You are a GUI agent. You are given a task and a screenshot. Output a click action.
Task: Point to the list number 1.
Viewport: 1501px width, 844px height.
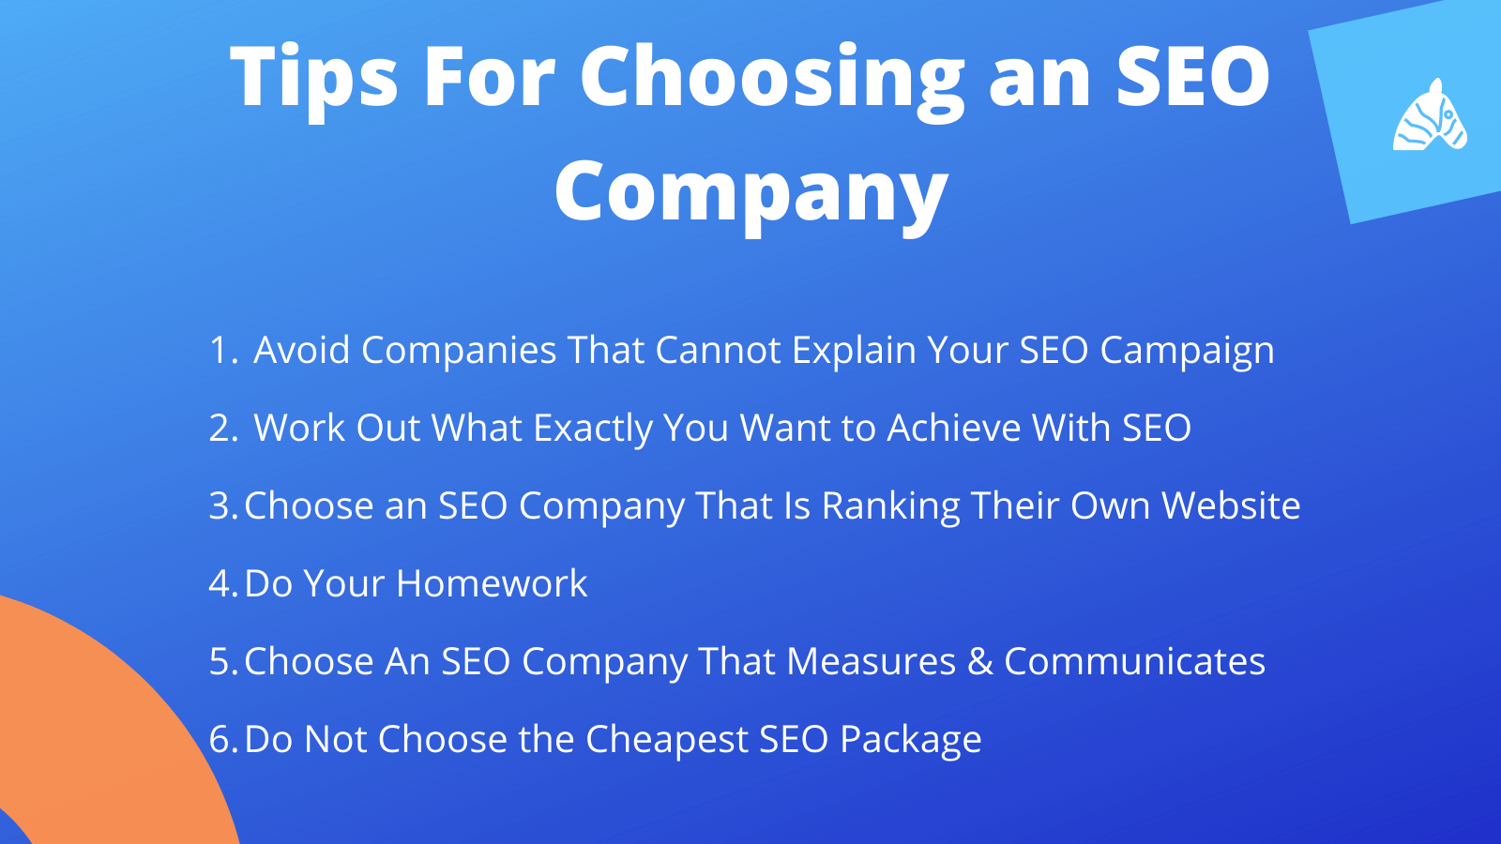pyautogui.click(x=224, y=350)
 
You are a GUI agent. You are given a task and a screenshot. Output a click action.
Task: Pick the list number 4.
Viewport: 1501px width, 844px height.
pyautogui.click(x=224, y=582)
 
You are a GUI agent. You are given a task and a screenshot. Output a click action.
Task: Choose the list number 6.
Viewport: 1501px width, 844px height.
pyautogui.click(x=224, y=738)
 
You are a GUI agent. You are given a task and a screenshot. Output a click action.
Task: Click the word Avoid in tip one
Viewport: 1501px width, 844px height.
pyautogui.click(x=301, y=350)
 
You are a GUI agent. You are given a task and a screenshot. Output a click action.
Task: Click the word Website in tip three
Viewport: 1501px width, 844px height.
pyautogui.click(x=1231, y=505)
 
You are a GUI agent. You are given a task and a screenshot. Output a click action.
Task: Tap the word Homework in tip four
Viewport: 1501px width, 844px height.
pyautogui.click(x=492, y=582)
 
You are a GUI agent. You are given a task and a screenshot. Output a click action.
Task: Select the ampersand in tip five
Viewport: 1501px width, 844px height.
pyautogui.click(x=979, y=662)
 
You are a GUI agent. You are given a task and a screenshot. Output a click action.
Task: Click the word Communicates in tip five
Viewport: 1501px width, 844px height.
pyautogui.click(x=1134, y=660)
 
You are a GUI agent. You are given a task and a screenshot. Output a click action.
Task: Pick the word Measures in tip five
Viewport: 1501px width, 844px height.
pyautogui.click(x=872, y=660)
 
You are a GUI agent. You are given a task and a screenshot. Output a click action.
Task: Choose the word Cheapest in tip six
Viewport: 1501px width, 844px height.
pyautogui.click(x=667, y=740)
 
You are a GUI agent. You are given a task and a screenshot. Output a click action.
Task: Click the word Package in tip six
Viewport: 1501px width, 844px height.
pyautogui.click(x=911, y=740)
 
